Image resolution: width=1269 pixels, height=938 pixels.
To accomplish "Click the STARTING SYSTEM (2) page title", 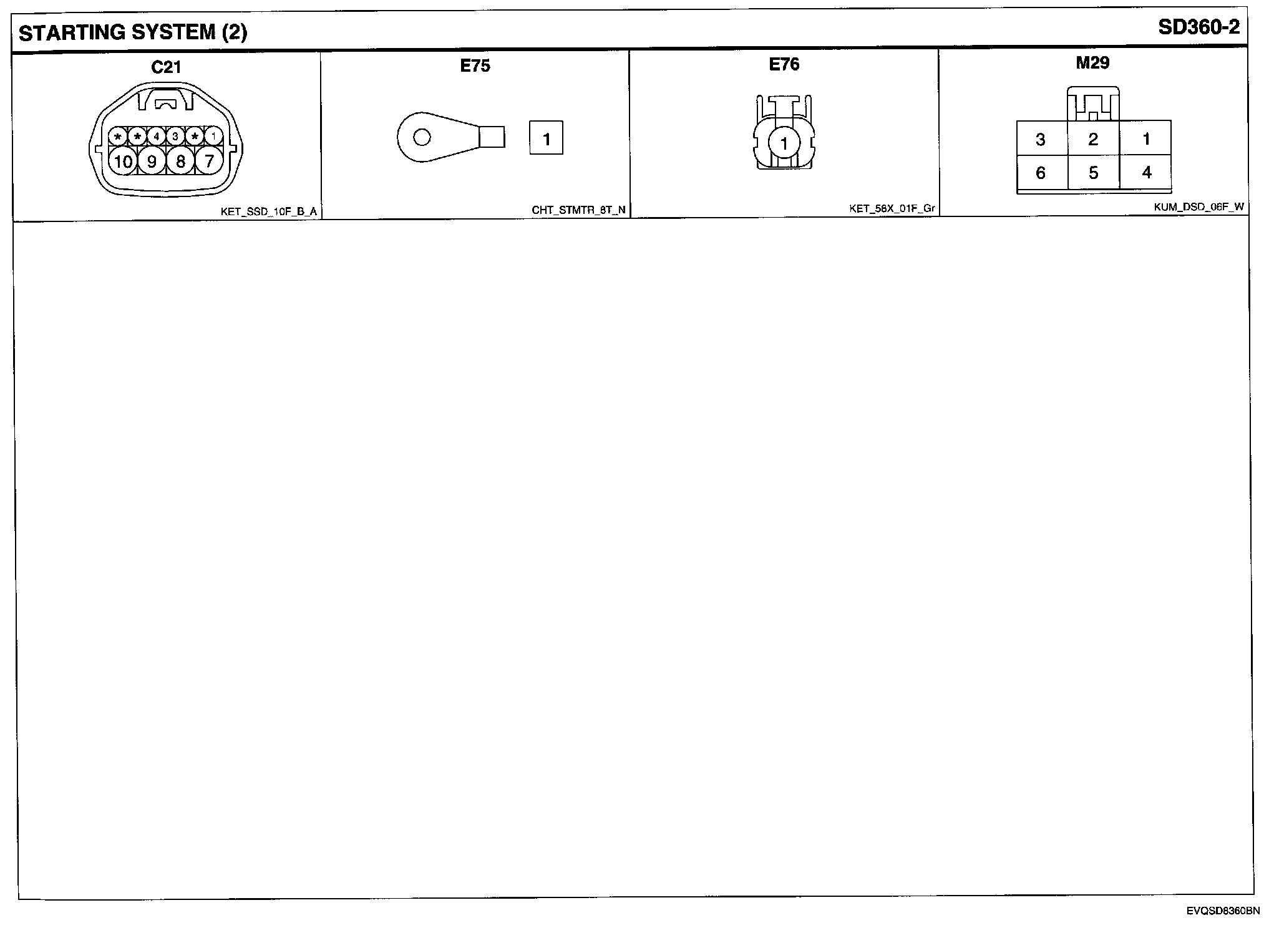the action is click(133, 32).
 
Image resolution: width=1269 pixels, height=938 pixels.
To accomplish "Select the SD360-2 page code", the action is click(1198, 27).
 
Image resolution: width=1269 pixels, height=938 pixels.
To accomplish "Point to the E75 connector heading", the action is click(475, 66).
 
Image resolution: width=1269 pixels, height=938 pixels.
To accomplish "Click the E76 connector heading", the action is click(784, 64).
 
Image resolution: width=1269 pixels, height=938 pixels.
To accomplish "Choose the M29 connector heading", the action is click(1092, 62).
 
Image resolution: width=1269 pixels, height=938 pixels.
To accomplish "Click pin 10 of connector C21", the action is click(123, 162).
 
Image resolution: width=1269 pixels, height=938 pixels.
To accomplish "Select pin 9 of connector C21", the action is click(152, 162).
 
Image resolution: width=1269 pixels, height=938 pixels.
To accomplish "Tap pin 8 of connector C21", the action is click(180, 162).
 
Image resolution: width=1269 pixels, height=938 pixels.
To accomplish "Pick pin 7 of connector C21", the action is click(209, 162).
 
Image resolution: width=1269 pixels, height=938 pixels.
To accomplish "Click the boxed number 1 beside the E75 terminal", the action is click(547, 138).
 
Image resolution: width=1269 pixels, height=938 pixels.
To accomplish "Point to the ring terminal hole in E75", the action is click(422, 137).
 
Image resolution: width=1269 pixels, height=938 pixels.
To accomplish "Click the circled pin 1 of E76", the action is click(784, 144).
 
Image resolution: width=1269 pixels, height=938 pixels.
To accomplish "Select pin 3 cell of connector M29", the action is click(1040, 139).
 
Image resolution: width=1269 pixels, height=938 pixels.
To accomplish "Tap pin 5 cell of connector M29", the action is click(1093, 173).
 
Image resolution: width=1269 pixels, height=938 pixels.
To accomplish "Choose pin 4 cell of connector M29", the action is click(1146, 172).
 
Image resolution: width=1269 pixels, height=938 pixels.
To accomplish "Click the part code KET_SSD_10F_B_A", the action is click(268, 212).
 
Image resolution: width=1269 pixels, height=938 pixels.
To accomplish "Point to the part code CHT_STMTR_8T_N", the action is click(578, 211).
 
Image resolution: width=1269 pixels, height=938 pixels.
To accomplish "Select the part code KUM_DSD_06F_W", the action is click(1198, 208).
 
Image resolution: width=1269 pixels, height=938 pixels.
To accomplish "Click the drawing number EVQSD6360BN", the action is click(1223, 911).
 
